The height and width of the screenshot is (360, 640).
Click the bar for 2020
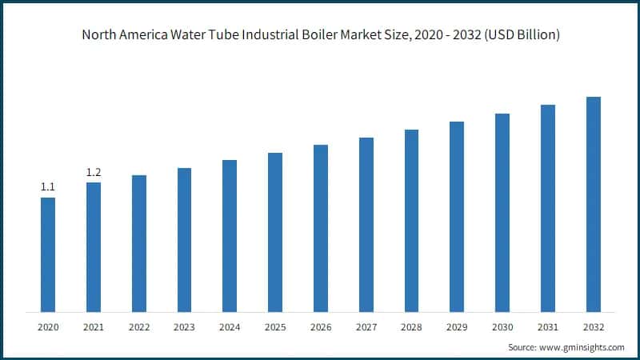[x=48, y=254]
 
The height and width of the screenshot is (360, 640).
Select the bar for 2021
[x=94, y=247]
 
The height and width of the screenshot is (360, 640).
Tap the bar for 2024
[x=230, y=236]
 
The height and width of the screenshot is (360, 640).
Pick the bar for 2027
[x=366, y=225]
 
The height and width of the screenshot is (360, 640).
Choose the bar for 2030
[x=502, y=213]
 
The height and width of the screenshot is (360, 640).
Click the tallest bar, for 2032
[x=593, y=204]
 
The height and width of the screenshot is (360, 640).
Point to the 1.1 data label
[x=48, y=187]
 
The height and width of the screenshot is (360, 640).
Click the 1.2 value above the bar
[x=94, y=172]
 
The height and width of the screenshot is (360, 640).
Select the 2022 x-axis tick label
[x=139, y=327]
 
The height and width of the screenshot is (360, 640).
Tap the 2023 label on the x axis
[x=184, y=327]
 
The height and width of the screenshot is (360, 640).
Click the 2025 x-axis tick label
[x=275, y=327]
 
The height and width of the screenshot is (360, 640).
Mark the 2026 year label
[x=321, y=327]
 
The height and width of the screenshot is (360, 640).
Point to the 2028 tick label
[x=411, y=327]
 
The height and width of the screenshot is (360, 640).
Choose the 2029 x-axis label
[x=457, y=327]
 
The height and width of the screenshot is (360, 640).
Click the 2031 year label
[x=548, y=327]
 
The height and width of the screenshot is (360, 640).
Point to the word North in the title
[x=98, y=36]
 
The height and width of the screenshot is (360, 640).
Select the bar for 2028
[x=411, y=221]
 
